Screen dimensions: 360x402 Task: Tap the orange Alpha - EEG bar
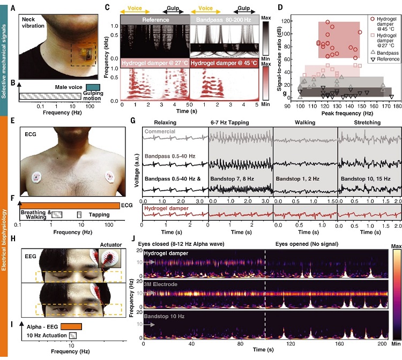tap(71, 326)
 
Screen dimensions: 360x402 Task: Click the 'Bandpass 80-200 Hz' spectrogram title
tap(225, 19)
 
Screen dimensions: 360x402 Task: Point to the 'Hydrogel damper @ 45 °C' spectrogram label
tap(226, 64)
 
